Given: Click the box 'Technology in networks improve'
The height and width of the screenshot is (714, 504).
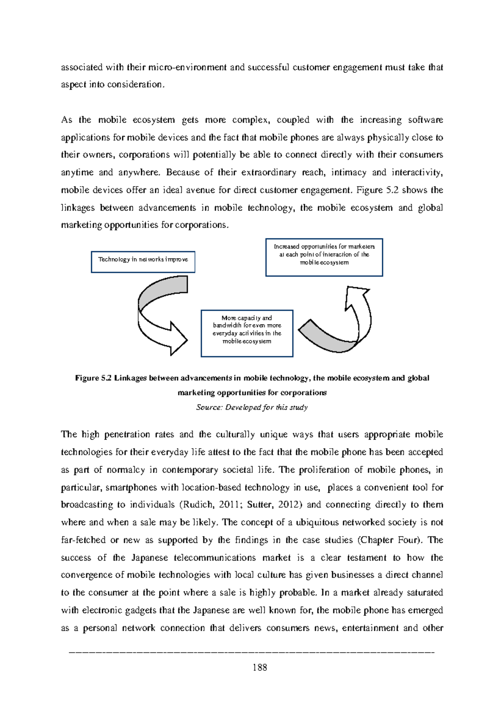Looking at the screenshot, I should point(143,262).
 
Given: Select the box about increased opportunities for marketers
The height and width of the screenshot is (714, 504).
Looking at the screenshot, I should point(324,257).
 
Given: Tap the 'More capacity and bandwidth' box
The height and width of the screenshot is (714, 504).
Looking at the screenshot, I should point(247,333).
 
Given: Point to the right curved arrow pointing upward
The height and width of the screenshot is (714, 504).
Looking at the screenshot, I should point(340,324).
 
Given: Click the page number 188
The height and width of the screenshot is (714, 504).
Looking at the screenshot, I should point(260,667).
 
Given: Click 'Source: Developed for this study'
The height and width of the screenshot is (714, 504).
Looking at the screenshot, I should point(252,407).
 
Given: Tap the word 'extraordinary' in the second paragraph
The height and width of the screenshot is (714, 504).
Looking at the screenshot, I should point(269,172).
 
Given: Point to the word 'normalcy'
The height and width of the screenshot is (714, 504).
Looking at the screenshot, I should point(126,470).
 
